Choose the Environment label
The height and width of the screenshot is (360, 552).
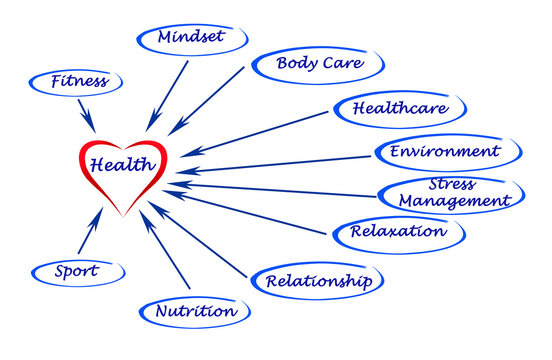coord(445,152)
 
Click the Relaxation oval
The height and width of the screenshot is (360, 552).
coord(398,232)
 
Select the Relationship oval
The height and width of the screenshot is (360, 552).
coord(317,281)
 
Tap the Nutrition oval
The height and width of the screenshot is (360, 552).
coord(196,311)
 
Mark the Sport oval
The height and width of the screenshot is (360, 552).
coord(77,271)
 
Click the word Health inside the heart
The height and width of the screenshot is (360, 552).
coord(121,164)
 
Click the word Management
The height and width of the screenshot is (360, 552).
coord(454,200)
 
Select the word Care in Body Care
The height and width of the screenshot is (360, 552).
coord(337,65)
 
